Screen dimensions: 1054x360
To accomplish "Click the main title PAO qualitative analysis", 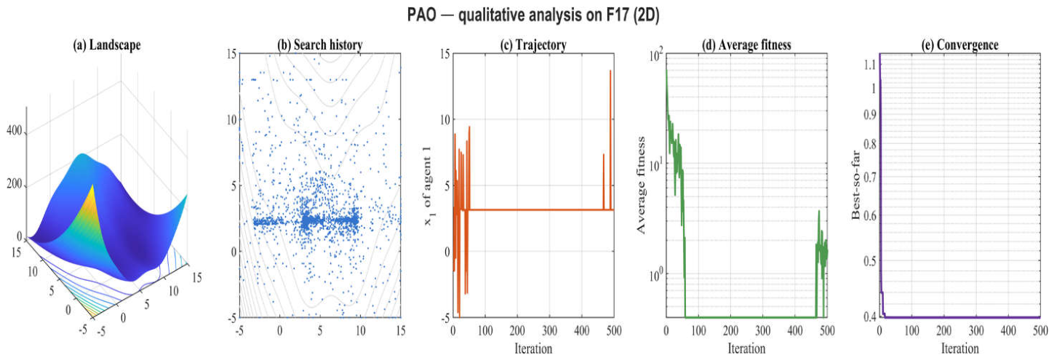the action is (x=533, y=15).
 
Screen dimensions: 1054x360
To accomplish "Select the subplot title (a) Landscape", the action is (x=107, y=45).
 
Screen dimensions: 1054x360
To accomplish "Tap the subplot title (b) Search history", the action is (x=320, y=45).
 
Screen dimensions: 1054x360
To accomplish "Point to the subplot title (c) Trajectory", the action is (x=533, y=45).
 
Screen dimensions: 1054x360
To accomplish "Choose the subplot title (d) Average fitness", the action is (x=746, y=45).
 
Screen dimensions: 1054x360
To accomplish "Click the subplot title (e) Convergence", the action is (x=960, y=45).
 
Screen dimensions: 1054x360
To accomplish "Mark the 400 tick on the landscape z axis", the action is (x=15, y=130).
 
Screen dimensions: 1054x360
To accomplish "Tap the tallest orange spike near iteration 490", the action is (x=610, y=71).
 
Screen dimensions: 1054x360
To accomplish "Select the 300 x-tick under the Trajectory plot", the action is (x=550, y=331).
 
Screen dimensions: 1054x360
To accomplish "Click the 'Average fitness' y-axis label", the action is (x=640, y=185).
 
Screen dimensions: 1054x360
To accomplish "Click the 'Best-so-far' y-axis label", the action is (x=855, y=185).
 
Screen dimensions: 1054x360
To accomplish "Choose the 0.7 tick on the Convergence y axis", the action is (x=870, y=177).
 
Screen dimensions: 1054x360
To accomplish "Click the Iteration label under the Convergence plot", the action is (x=960, y=348).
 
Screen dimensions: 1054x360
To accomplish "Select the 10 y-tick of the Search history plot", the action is (x=231, y=119).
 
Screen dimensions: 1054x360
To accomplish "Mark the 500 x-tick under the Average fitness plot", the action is (x=827, y=331).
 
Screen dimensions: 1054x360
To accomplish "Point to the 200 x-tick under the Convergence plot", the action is (x=944, y=331).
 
